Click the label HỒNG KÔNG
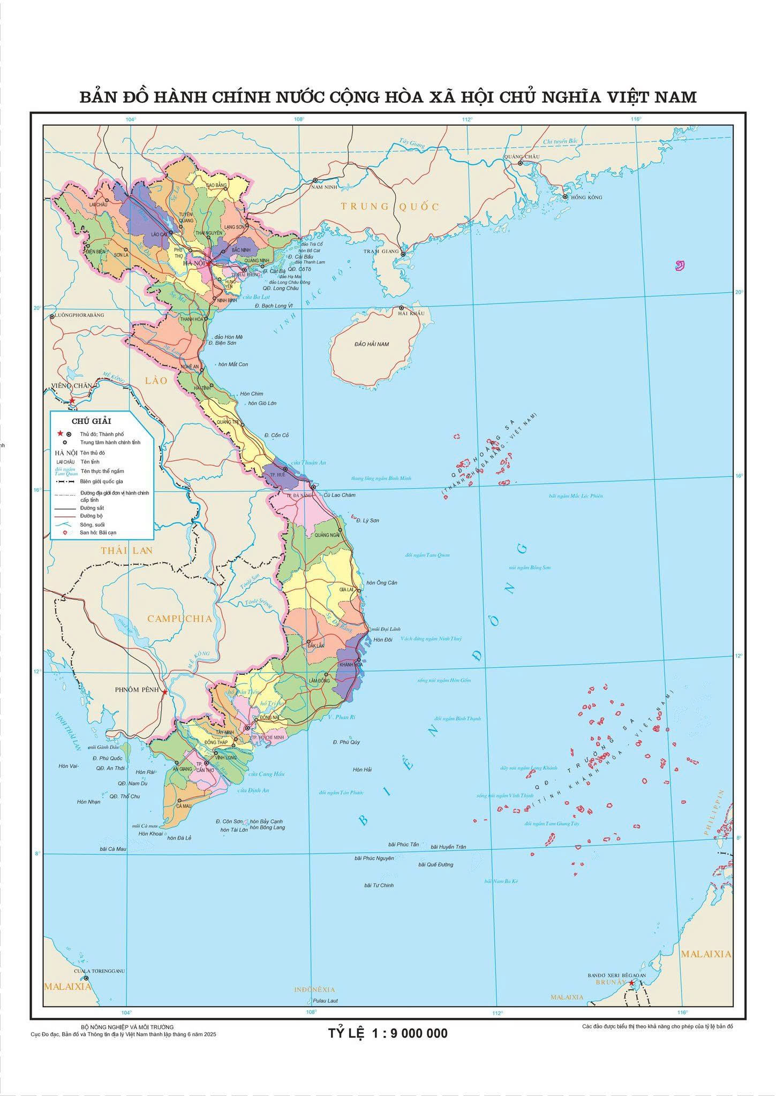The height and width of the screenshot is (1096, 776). (586, 197)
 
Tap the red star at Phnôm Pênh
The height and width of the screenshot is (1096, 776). (165, 692)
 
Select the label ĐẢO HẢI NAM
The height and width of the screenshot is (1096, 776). (372, 344)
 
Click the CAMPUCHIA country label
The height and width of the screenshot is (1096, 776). (180, 619)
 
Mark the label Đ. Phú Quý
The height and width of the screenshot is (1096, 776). (346, 742)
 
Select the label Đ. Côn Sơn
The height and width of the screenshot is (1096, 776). (229, 821)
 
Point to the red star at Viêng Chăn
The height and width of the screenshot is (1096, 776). (72, 400)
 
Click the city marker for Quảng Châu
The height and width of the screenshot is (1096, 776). (520, 163)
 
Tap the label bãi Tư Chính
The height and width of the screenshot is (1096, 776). (379, 885)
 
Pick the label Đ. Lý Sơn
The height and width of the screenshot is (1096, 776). (367, 520)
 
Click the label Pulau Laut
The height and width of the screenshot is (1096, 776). (326, 1001)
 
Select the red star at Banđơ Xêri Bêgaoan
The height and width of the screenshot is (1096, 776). (632, 983)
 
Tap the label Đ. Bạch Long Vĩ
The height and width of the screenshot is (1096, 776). (275, 306)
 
